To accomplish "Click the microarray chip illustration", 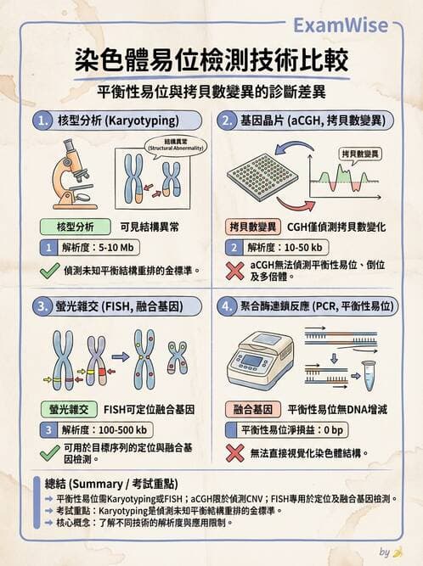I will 262,176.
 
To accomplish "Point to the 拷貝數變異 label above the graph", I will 361,154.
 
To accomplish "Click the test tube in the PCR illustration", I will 369,370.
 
